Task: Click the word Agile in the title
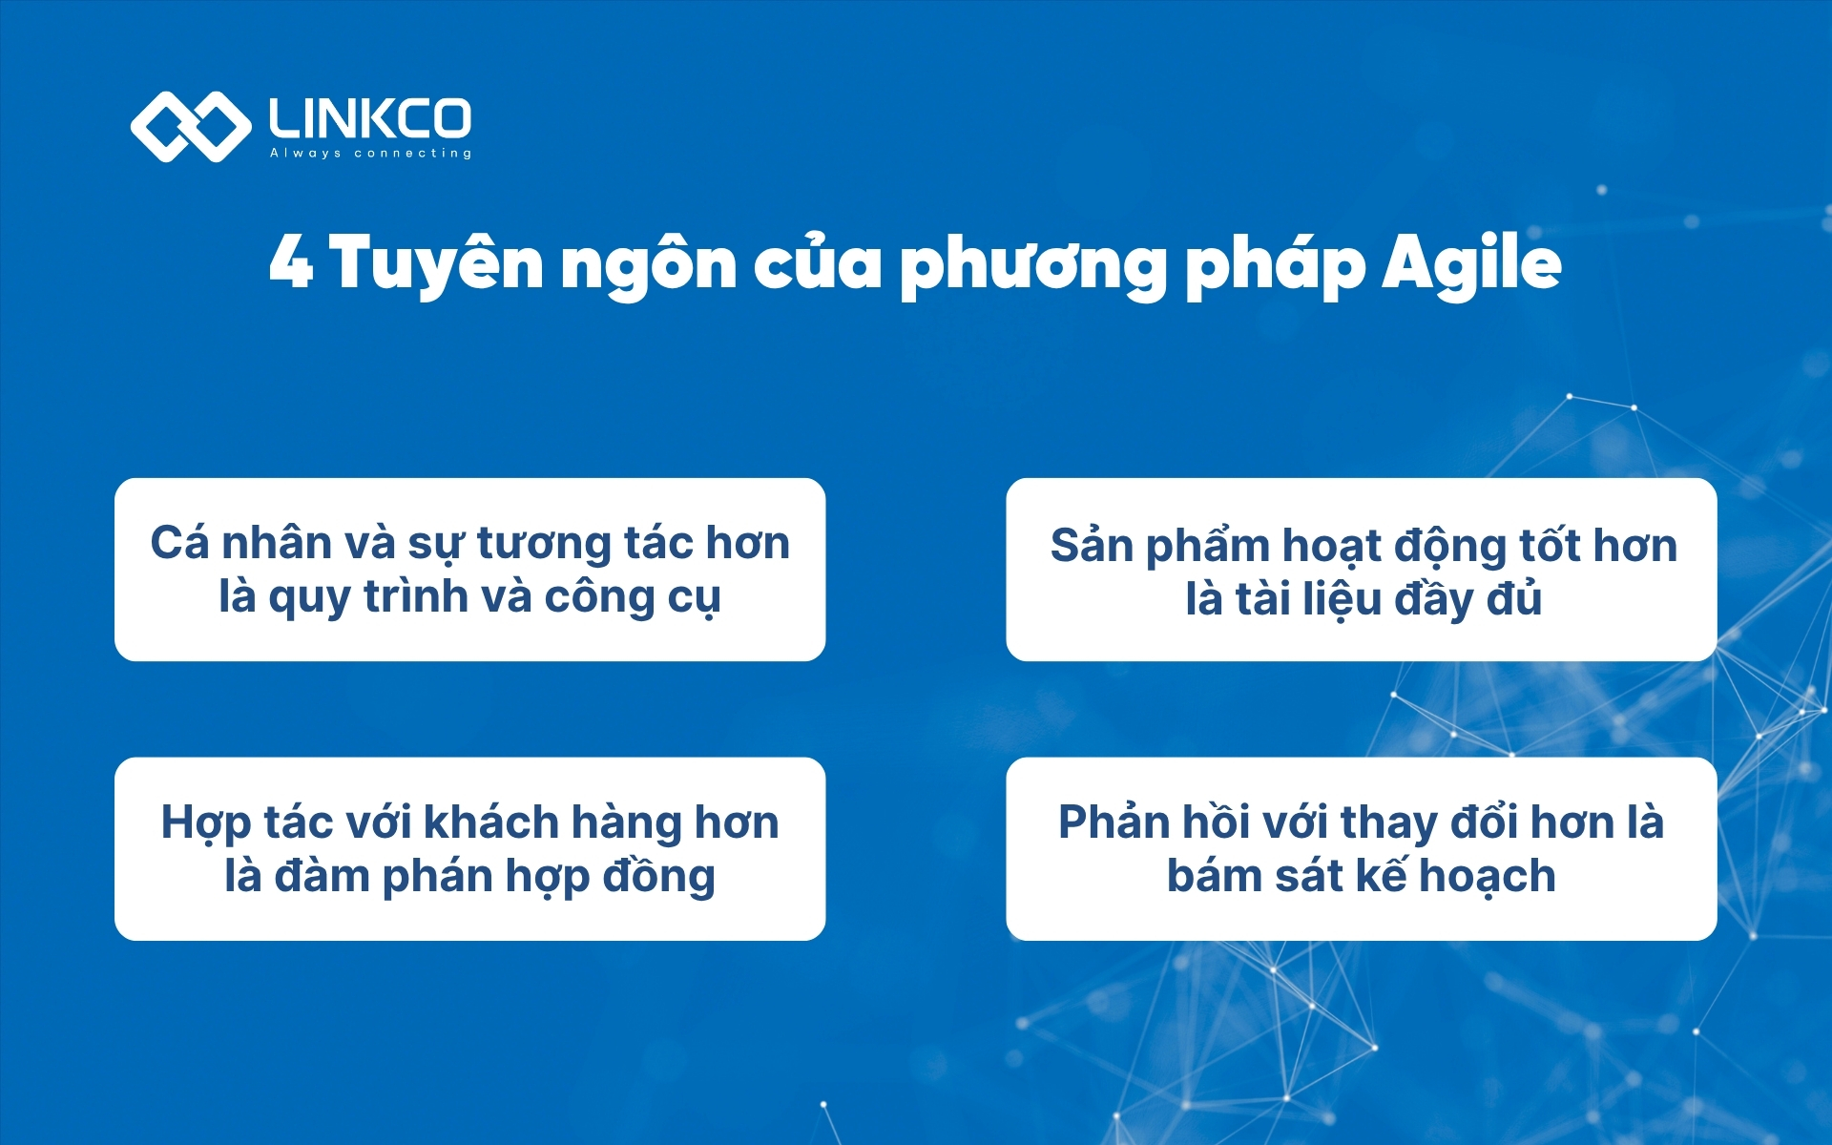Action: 1471,263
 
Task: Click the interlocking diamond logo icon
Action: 190,126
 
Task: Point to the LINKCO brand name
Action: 370,118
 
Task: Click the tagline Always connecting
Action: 370,153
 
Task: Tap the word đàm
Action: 322,876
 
